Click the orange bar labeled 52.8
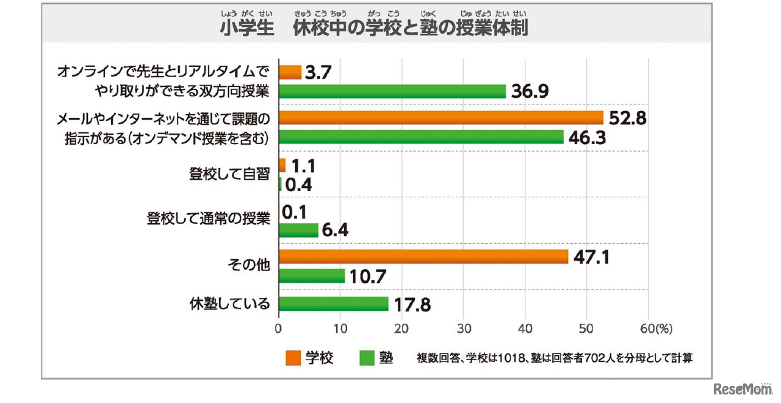pos(441,118)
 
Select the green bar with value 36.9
pos(392,92)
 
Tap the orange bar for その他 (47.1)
pos(423,256)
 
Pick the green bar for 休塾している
pos(334,303)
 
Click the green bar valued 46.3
pos(421,137)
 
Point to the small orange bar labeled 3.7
pos(290,73)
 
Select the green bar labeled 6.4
pos(298,230)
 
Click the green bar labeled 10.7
pos(312,276)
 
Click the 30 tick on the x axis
pos(464,328)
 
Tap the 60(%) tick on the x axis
pos(654,328)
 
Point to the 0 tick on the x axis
pos(279,328)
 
